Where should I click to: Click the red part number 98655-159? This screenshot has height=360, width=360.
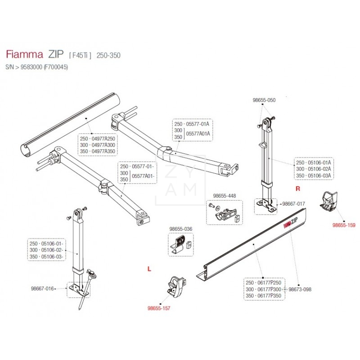point(343,225)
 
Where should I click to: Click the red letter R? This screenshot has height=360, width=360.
point(297,187)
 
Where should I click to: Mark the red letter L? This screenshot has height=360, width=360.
point(149,269)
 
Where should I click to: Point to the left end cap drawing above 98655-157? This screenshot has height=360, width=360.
point(175,285)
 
